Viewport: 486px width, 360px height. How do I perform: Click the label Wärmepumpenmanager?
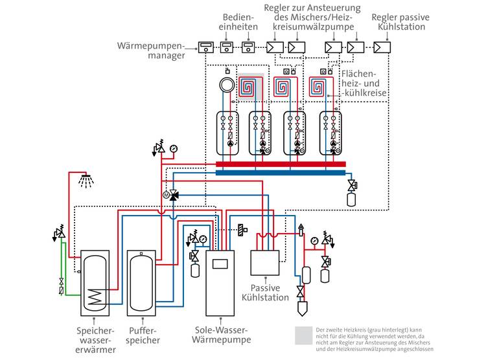[x=152, y=51]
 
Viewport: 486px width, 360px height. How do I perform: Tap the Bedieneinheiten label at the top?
[x=240, y=22]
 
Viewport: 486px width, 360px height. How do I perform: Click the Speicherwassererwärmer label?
[x=94, y=340]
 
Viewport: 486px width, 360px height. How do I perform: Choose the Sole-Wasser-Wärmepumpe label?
[x=221, y=335]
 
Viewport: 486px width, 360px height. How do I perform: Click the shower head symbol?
[x=84, y=179]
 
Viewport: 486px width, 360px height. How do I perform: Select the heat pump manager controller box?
[x=206, y=47]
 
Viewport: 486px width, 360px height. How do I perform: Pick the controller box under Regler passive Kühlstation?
[x=381, y=47]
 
